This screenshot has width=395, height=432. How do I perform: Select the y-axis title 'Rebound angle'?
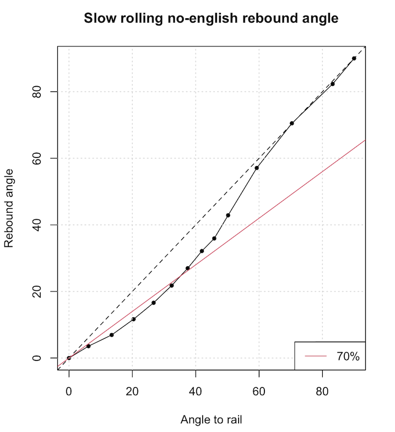click(x=9, y=208)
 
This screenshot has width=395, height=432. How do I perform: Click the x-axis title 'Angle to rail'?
click(x=211, y=419)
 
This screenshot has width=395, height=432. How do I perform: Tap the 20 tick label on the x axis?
click(x=132, y=392)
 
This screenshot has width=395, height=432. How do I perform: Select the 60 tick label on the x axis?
click(x=259, y=392)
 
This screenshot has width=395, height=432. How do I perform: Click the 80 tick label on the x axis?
click(x=322, y=392)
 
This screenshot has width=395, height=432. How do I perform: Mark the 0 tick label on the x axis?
click(x=69, y=392)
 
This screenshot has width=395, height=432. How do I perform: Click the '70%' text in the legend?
click(x=348, y=356)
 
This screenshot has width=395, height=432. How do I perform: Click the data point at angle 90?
click(x=354, y=58)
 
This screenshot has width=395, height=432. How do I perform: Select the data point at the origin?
click(x=69, y=358)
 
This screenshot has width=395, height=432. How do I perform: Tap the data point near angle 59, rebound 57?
click(x=257, y=168)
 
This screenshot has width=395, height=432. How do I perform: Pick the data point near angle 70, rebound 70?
click(x=292, y=123)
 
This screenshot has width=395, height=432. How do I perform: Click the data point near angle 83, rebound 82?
click(x=333, y=84)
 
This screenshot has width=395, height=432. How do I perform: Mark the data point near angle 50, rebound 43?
click(x=228, y=215)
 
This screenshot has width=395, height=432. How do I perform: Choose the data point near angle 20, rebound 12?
click(x=133, y=319)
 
